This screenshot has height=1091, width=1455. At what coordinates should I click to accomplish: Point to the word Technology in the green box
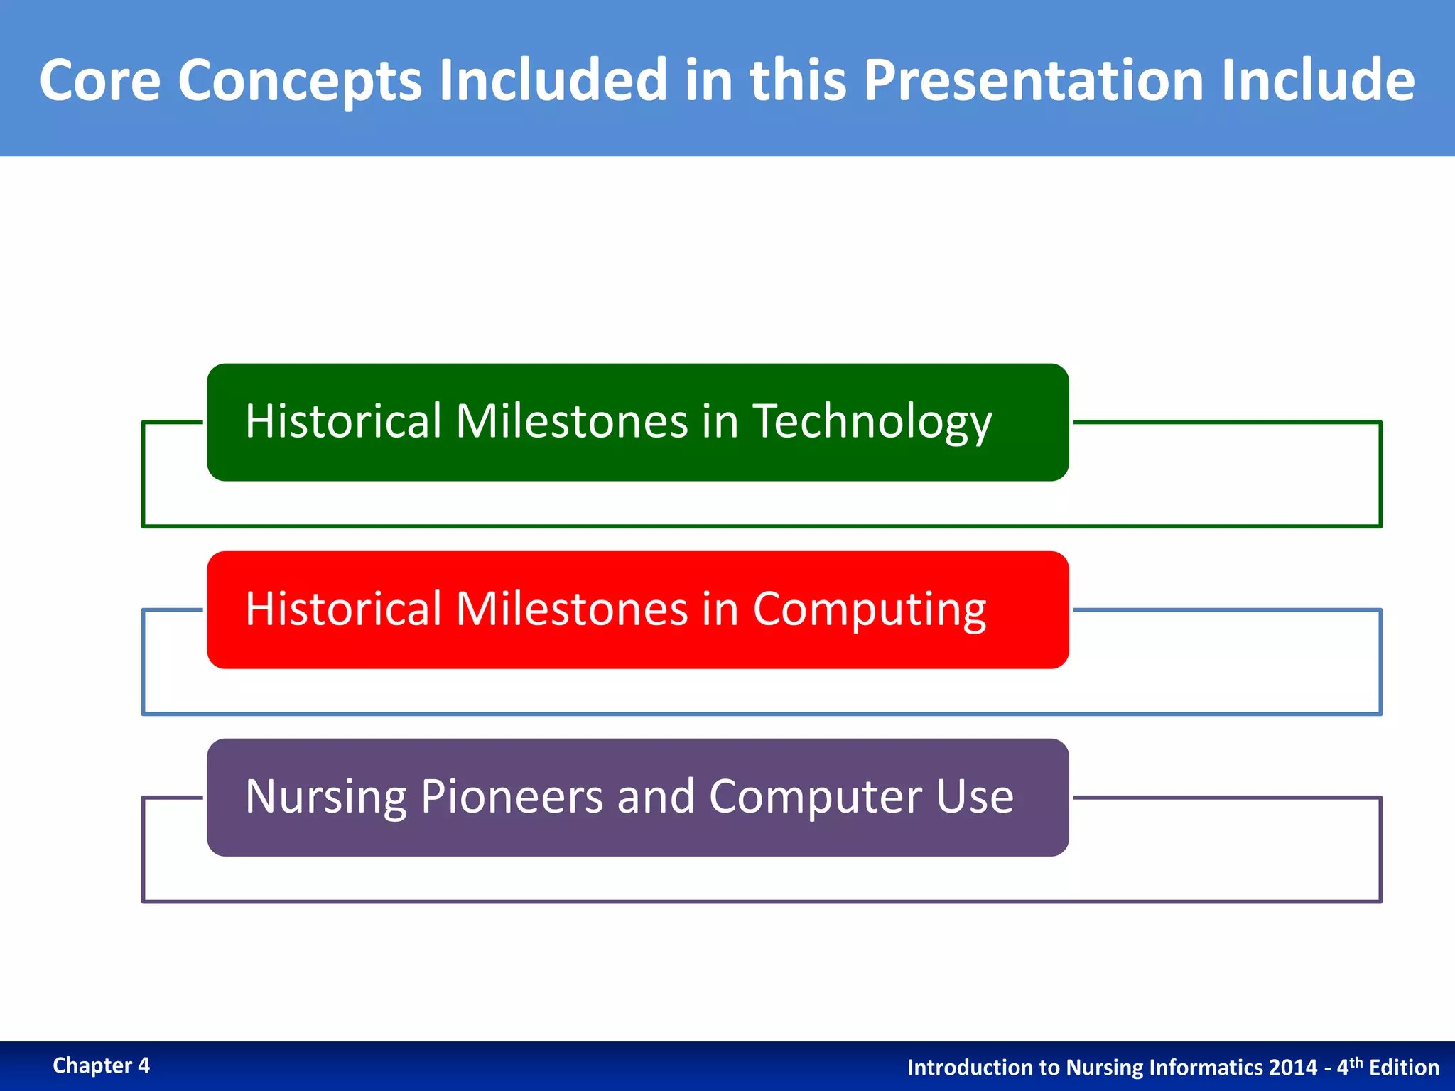(x=872, y=422)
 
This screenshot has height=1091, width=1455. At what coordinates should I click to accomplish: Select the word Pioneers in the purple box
(x=512, y=796)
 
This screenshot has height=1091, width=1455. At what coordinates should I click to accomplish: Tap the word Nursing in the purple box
(x=325, y=796)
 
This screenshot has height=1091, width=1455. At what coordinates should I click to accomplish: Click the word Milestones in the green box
(x=571, y=421)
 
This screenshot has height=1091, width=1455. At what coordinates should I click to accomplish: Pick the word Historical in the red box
(x=343, y=609)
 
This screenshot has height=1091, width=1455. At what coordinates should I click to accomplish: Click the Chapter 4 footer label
(x=101, y=1065)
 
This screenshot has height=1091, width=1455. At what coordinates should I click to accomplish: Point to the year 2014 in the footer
(x=1293, y=1068)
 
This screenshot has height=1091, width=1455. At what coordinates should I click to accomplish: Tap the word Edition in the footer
(x=1404, y=1068)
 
